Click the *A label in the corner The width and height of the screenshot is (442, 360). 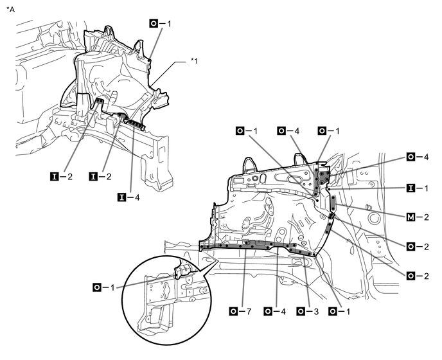10,9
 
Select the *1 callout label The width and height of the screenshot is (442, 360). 194,60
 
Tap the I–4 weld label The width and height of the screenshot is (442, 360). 128,197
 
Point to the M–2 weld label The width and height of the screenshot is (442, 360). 418,217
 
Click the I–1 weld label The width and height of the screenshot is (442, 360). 418,188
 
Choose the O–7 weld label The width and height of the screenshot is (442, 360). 240,311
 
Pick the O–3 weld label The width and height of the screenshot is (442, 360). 308,311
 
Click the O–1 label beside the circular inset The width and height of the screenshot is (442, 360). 103,287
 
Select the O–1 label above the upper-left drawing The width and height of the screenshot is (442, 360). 160,23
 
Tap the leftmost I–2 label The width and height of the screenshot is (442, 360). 61,177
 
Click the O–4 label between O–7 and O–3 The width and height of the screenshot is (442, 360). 275,311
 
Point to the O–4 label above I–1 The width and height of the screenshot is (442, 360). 418,157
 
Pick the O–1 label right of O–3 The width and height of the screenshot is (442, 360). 339,311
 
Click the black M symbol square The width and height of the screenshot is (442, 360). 411,217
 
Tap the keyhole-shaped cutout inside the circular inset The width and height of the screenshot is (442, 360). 165,290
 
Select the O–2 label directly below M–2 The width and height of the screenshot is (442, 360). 418,247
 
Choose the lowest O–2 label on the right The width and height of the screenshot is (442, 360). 418,276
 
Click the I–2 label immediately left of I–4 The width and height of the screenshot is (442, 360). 100,177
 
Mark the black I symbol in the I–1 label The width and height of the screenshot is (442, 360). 411,188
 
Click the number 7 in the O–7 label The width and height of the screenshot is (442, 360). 249,312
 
